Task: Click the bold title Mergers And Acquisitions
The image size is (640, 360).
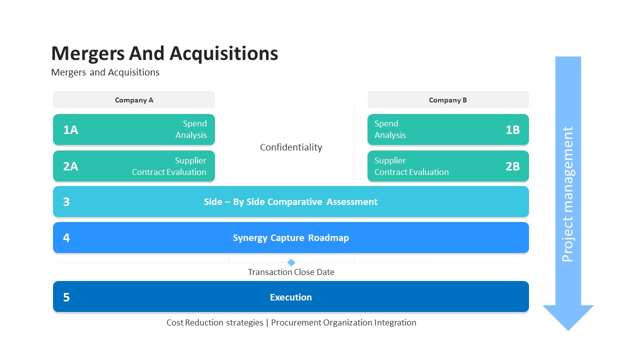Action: click(164, 53)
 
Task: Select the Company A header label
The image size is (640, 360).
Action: click(134, 100)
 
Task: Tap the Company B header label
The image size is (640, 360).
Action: click(447, 100)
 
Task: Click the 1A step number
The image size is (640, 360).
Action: click(70, 130)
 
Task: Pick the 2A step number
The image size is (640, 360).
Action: click(70, 166)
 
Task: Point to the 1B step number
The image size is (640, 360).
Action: click(512, 130)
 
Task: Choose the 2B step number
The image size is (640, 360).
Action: click(512, 166)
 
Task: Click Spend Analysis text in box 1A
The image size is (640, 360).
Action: click(191, 129)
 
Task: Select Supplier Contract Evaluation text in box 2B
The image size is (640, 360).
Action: click(411, 166)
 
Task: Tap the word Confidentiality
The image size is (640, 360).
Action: click(291, 147)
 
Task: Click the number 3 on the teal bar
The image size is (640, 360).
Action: click(66, 202)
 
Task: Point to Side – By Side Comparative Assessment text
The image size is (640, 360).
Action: click(290, 202)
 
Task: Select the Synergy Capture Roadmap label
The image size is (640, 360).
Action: click(290, 238)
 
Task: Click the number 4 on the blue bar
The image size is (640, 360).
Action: click(66, 238)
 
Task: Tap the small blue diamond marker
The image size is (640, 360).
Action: click(291, 262)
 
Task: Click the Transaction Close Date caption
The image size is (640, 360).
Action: click(291, 272)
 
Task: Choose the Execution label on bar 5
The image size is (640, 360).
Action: click(290, 297)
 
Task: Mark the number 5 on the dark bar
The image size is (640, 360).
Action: click(66, 297)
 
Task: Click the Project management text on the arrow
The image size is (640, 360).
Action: click(567, 194)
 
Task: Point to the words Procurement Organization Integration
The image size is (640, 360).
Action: click(343, 322)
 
